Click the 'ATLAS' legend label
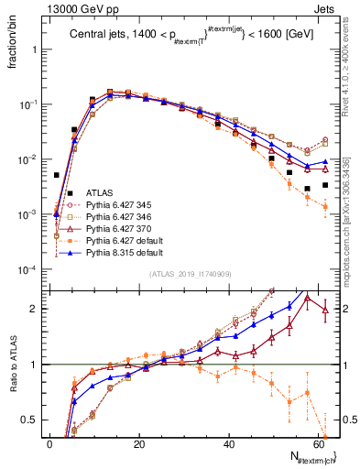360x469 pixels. click(100, 193)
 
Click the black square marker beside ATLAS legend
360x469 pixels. click(71, 193)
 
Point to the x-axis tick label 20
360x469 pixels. click(139, 444)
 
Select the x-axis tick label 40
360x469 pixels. click(229, 444)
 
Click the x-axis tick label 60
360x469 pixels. click(319, 444)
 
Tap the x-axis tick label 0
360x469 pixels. click(49, 444)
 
